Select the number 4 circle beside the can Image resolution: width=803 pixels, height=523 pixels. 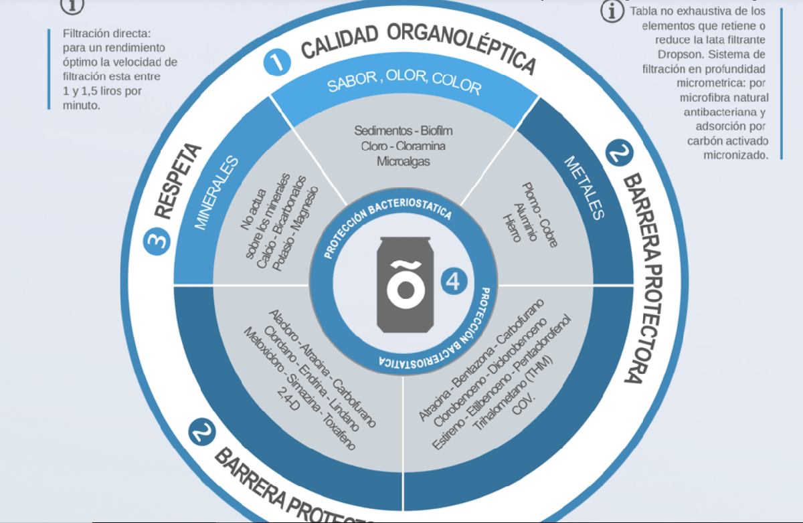453,282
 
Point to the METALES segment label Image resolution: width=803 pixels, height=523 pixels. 584,188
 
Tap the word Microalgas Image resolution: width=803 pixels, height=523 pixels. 404,161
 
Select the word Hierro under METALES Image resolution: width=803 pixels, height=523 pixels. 511,228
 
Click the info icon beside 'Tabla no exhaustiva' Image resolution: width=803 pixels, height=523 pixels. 612,11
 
